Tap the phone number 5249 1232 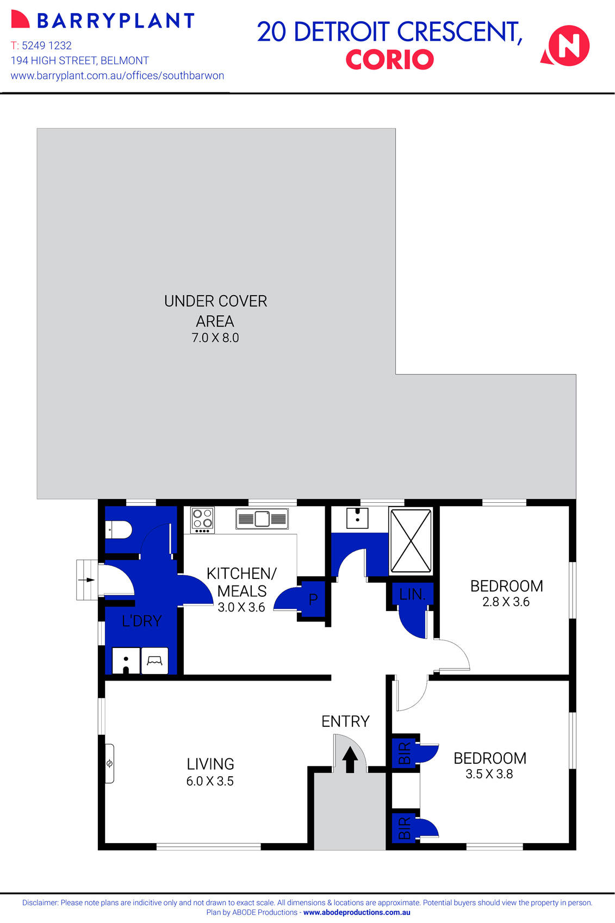47,46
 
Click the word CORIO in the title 389,60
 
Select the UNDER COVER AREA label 215,310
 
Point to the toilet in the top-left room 119,529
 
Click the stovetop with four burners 202,520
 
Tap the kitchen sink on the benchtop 262,519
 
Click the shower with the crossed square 411,540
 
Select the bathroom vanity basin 357,518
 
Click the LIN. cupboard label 412,594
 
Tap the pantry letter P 313,599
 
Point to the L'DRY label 141,621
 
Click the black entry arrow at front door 350,759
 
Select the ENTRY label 345,721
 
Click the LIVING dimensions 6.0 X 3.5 210,781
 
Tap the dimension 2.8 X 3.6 506,602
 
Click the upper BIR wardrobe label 405,753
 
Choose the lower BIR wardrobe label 405,828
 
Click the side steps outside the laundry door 86,580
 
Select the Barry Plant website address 117,76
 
